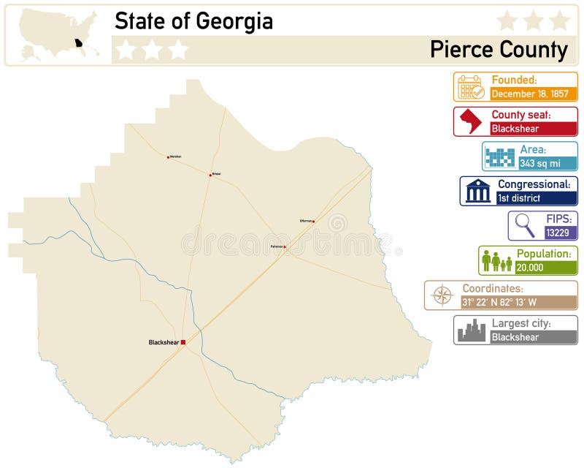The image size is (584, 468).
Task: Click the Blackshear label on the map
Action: (164, 342)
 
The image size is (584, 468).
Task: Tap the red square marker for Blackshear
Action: (183, 342)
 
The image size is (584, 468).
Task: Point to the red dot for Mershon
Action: (168, 157)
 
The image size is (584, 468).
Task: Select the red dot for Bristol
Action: (210, 174)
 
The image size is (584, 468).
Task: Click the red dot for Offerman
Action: (313, 221)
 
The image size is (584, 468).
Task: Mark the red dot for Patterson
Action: (285, 248)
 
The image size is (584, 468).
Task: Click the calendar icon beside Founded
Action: (470, 87)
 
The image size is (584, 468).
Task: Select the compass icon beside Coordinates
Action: (442, 295)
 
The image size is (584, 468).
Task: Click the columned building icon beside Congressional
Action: (478, 192)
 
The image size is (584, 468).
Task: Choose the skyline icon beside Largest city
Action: (471, 331)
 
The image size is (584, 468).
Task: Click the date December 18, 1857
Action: (529, 94)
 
